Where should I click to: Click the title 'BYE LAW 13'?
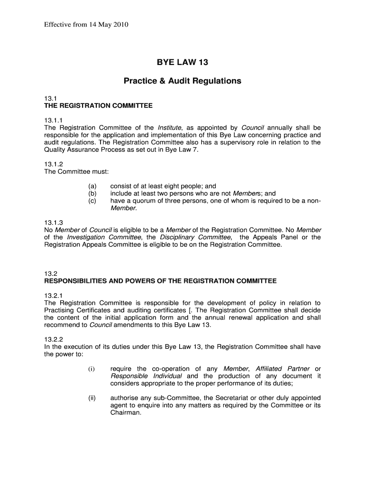[x=182, y=62]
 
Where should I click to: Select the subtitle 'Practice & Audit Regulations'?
[x=182, y=81]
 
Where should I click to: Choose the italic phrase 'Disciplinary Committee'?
[x=195, y=237]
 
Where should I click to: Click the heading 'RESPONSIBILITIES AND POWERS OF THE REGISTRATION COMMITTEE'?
[x=160, y=281]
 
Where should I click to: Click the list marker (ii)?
[x=91, y=398]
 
